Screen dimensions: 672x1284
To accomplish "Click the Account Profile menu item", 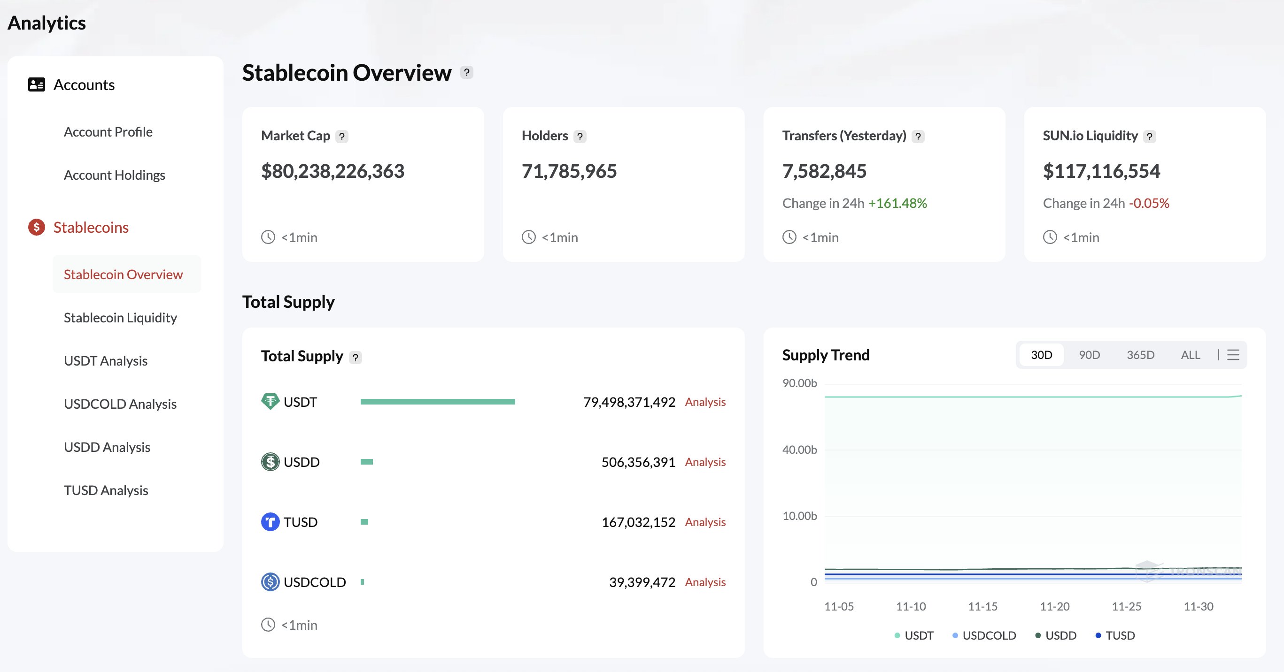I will coord(108,132).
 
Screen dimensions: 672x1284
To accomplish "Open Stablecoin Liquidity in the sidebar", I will coord(120,318).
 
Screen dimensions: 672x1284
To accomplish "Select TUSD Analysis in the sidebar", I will coord(106,491).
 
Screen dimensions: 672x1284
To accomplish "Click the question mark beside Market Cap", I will coord(342,137).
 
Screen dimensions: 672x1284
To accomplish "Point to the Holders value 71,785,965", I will coord(569,171).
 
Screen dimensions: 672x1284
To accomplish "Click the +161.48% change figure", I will coord(897,203).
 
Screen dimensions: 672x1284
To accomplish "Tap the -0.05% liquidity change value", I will coord(1149,203).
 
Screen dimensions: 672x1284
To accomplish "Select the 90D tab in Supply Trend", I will coord(1089,355).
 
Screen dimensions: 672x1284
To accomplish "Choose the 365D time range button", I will coord(1140,355).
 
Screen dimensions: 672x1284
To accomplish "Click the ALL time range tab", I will coord(1190,355).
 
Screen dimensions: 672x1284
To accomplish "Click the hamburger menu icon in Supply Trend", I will coord(1233,355).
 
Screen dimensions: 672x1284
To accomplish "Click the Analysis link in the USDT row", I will coord(705,402).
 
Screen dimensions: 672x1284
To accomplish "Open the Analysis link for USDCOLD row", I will coord(705,582).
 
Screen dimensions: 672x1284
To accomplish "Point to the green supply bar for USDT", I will coord(438,402).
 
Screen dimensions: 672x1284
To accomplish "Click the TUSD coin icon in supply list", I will coord(270,522).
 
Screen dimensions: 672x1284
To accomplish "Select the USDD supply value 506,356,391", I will coord(638,462).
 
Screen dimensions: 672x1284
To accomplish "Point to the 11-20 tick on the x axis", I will coord(1055,607).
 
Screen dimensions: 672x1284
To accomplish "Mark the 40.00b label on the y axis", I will coord(799,450).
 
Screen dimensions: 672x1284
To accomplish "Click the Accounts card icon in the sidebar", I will coord(36,84).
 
